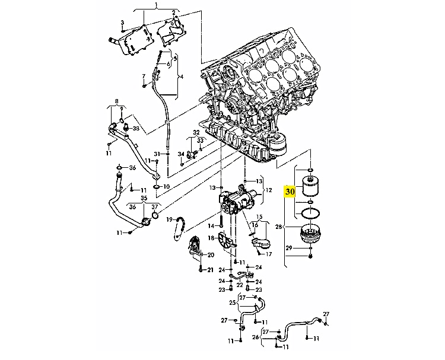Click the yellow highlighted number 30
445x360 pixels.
290,192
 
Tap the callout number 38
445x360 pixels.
136,129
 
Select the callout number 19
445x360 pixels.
170,219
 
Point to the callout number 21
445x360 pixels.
209,270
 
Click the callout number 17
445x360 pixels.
268,254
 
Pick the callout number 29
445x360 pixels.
288,248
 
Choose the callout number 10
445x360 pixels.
166,187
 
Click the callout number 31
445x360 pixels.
157,154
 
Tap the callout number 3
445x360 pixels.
122,23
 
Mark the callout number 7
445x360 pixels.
144,77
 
